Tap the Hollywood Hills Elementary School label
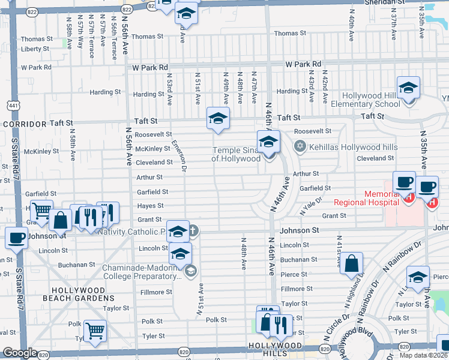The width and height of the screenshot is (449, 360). click(371, 100)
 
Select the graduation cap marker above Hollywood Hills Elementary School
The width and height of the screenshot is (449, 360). click(408, 89)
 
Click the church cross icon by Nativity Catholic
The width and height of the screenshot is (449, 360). click(194, 230)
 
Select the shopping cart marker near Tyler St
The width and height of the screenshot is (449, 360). click(95, 331)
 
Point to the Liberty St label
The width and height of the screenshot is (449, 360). click(35, 49)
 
